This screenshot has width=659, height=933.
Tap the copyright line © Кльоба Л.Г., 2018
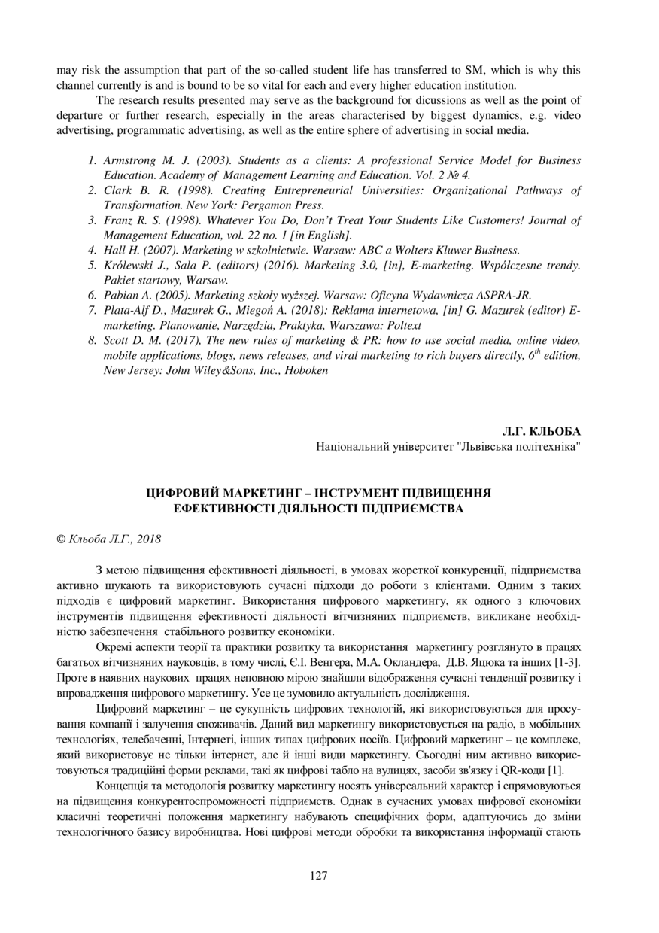(x=109, y=539)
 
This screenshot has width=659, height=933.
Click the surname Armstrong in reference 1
(x=129, y=160)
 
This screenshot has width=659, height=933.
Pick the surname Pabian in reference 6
(x=120, y=295)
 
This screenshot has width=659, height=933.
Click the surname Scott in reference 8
(x=117, y=340)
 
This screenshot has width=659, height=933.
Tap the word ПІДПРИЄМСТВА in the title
(x=413, y=508)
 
